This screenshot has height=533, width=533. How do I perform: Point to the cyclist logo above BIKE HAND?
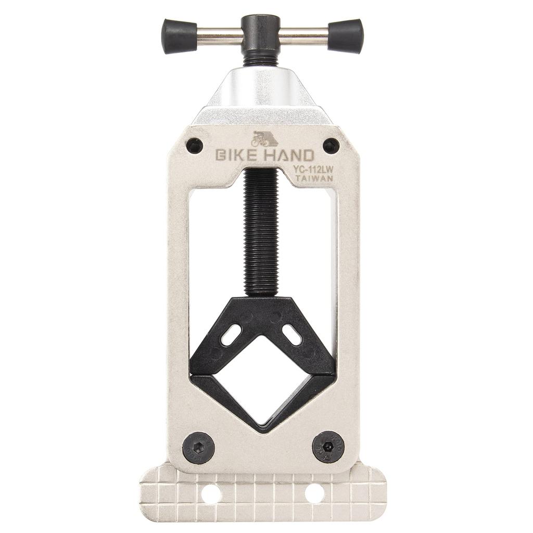pos(264,138)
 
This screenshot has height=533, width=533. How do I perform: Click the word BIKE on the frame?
pos(233,156)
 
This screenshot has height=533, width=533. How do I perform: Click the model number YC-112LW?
pos(313,169)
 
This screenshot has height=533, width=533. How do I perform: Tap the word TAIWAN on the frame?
pos(314,178)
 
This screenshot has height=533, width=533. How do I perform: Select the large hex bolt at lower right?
pos(327,446)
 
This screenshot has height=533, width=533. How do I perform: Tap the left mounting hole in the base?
pos(212,493)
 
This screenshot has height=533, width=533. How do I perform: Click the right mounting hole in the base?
pos(314,493)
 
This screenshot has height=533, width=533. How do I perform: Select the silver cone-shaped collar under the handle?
pos(263,91)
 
